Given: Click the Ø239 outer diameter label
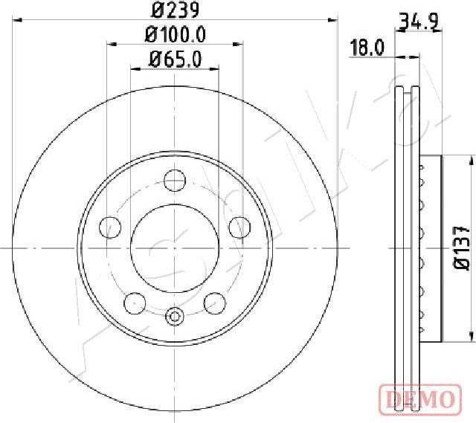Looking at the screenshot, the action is [176, 10].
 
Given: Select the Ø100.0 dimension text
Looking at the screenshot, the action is [176, 34].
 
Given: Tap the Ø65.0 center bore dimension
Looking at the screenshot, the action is [176, 59].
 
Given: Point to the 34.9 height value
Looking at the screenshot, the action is [419, 22].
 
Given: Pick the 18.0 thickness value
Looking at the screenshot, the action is [367, 48].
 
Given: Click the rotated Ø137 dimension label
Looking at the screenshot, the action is [462, 248].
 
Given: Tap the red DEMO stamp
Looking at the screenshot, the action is [421, 398].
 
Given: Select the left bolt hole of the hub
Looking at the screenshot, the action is [110, 227].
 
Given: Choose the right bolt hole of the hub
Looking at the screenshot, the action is [239, 227].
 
